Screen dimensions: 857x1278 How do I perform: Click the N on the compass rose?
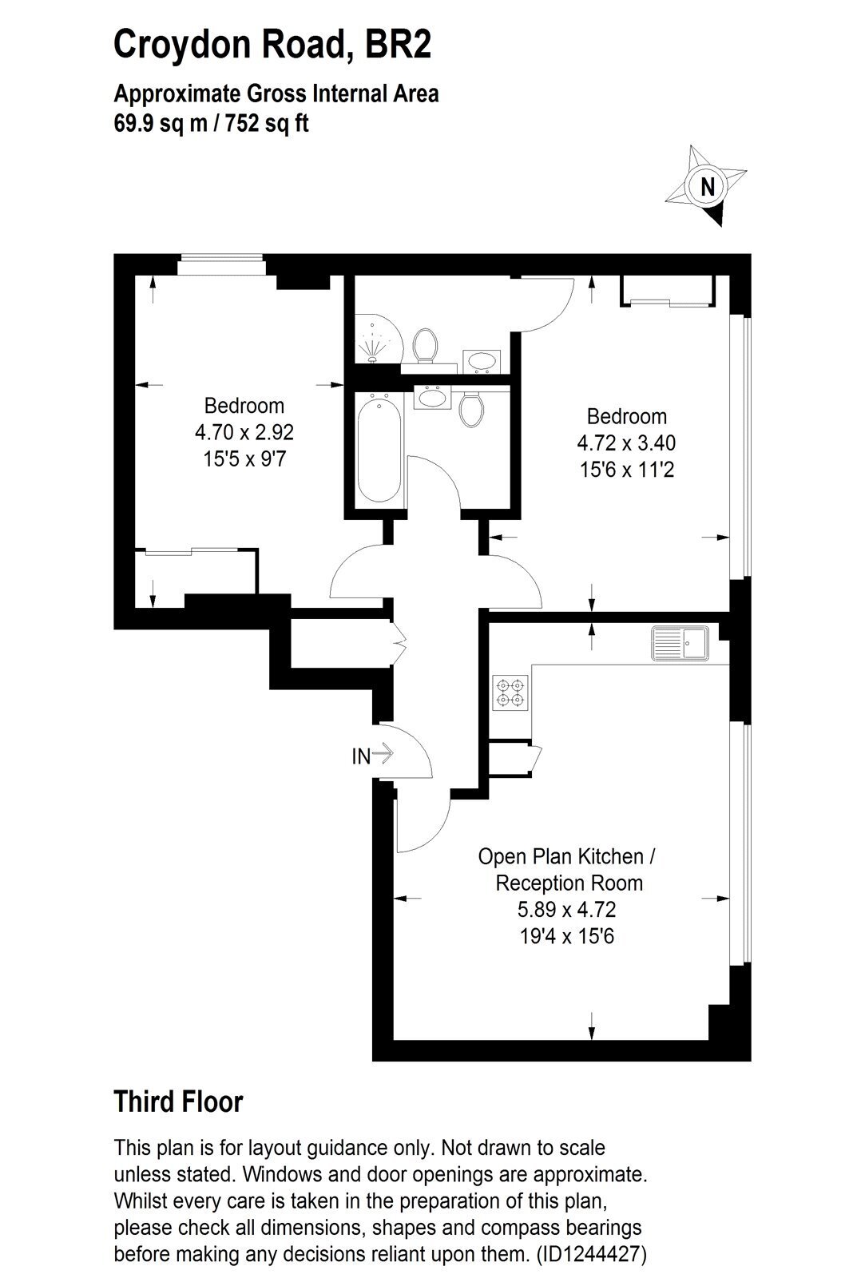pos(708,187)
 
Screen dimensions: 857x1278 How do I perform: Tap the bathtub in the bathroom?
pos(379,448)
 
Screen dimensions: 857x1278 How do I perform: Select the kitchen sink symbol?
pos(680,643)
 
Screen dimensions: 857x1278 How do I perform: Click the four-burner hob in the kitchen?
pos(510,693)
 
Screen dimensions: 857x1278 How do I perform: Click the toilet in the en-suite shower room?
pos(425,344)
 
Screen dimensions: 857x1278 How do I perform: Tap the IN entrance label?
pos(361,756)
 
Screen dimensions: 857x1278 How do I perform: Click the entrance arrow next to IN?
pos(383,753)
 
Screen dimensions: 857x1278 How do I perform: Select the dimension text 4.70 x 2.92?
pos(244,432)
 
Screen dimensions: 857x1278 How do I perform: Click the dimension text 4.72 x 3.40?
pos(626,443)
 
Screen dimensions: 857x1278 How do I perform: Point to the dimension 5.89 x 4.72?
pos(566,910)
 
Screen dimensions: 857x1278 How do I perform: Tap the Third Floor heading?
pos(179,1101)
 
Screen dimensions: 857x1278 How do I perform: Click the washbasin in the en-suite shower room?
pos(482,361)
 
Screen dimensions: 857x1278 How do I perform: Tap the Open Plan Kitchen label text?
pos(561,856)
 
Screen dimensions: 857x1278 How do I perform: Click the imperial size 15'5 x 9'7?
pos(244,459)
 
